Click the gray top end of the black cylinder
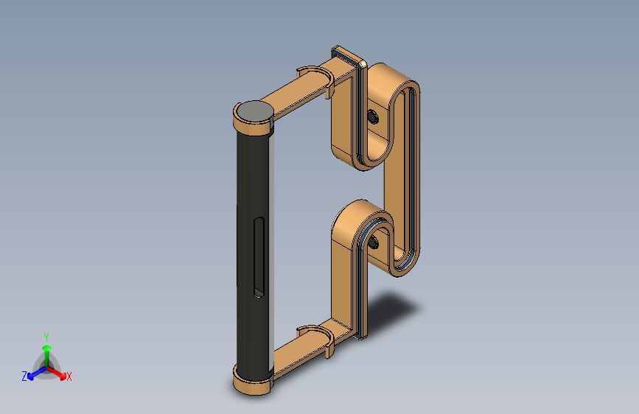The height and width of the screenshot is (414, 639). tap(255, 110)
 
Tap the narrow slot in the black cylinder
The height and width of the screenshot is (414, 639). tap(259, 257)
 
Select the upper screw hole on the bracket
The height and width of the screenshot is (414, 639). tap(373, 117)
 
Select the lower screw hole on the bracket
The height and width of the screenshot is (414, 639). tap(373, 243)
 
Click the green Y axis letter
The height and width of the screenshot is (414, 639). tap(46, 337)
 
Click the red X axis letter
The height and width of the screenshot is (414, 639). tap(69, 377)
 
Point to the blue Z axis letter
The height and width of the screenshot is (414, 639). tap(24, 376)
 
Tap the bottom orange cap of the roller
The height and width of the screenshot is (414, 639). tap(253, 383)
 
